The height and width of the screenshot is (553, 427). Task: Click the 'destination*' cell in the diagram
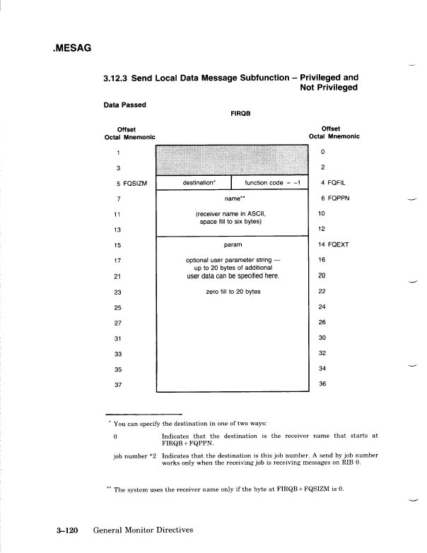201,183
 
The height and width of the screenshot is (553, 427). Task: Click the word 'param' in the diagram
233,244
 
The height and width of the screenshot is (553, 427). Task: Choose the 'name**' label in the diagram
233,199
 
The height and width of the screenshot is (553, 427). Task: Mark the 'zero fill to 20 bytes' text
233,291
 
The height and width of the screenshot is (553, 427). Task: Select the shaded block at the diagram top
233,160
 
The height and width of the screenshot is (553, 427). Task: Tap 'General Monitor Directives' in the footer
141,528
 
